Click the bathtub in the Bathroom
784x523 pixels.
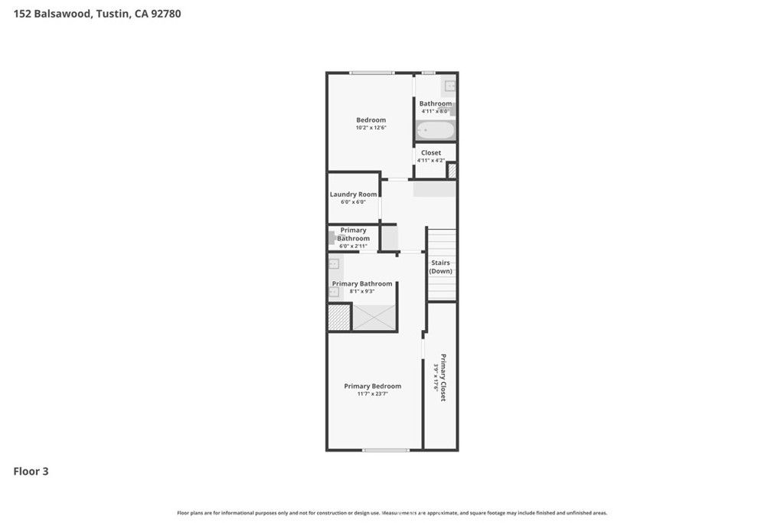[x=435, y=131]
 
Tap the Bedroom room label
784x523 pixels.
[x=371, y=119]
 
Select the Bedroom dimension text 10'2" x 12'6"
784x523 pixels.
[x=371, y=128]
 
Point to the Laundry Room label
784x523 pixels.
[x=353, y=194]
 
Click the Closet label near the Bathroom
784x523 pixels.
[x=431, y=152]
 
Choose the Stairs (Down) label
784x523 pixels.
[x=440, y=266]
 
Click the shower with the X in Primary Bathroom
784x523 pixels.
[x=374, y=317]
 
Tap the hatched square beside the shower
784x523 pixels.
[x=338, y=317]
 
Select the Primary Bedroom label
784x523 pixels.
[x=372, y=386]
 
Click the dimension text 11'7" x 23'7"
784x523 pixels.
[x=372, y=394]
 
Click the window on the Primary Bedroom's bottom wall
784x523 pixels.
[x=380, y=449]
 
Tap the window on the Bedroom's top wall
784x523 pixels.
[x=372, y=73]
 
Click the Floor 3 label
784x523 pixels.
[x=31, y=472]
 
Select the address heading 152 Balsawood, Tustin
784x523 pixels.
[x=97, y=13]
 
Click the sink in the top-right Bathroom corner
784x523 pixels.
[x=450, y=86]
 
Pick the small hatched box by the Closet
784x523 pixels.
[x=452, y=170]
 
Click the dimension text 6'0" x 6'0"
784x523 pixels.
[x=353, y=202]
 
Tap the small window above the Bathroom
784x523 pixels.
[x=429, y=73]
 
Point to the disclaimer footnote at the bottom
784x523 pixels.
[x=392, y=513]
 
